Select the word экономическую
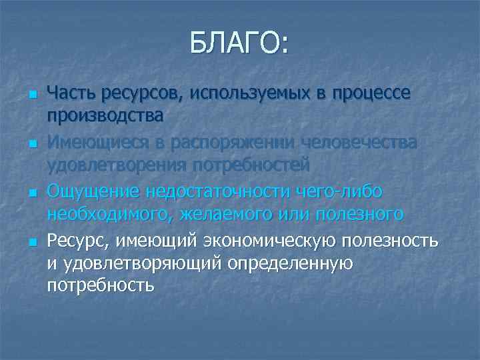[279, 239]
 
